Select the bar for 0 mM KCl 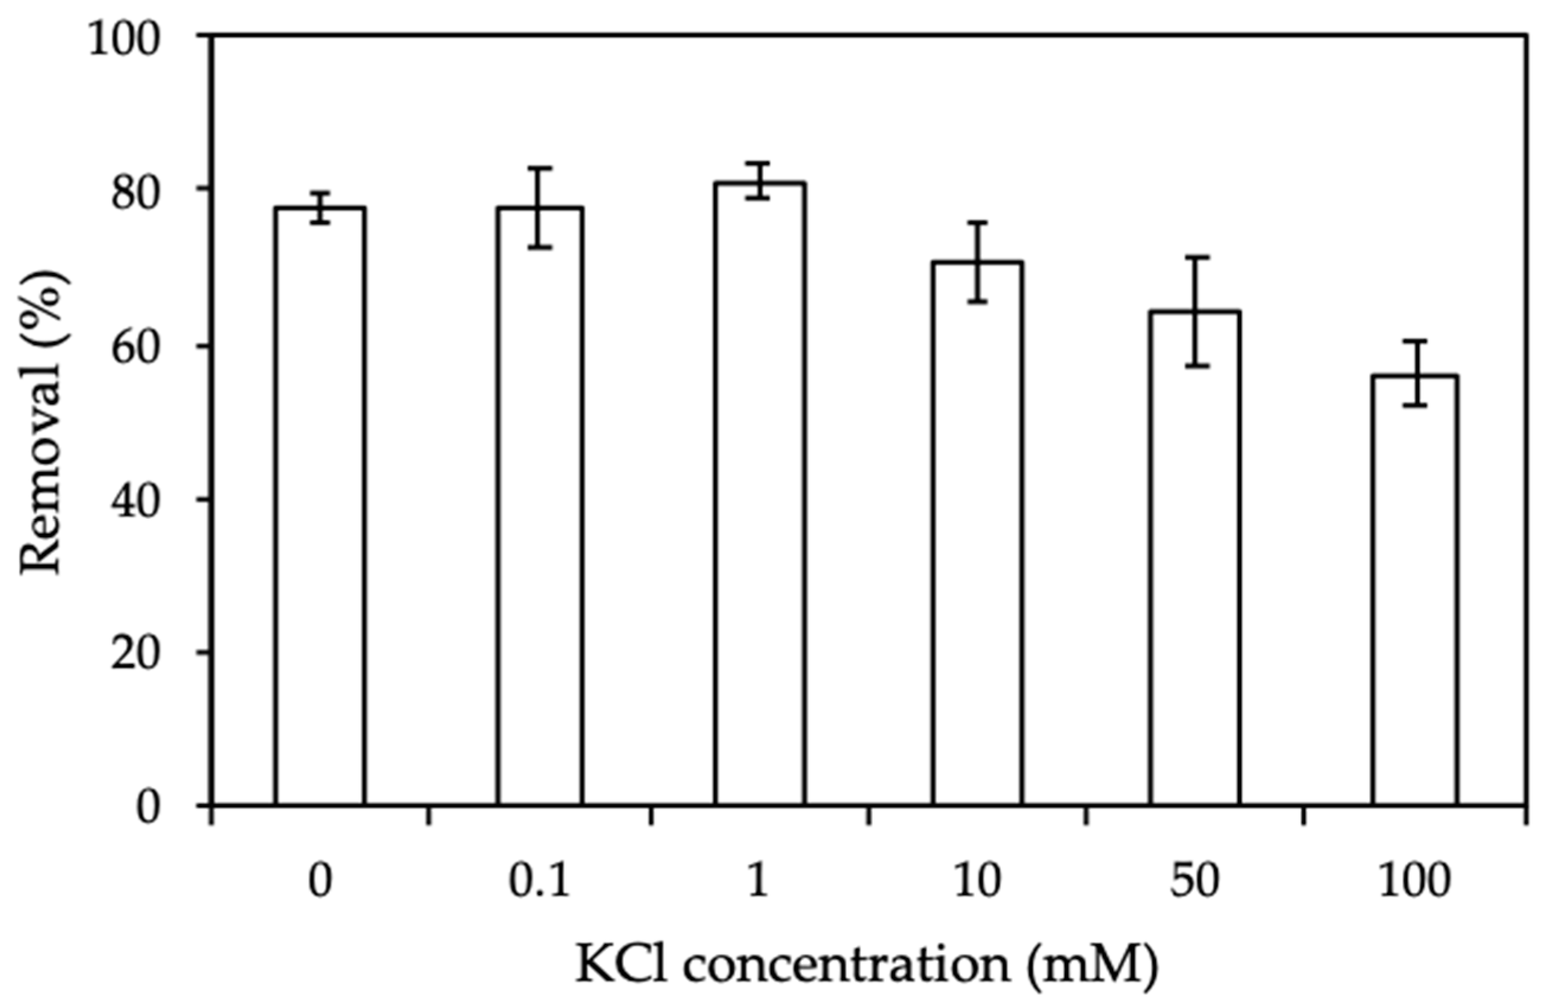(x=319, y=506)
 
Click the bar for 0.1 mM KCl (x=539, y=506)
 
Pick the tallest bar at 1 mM (x=760, y=493)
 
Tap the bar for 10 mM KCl (x=978, y=531)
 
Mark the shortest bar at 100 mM (x=1414, y=590)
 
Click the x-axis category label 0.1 (x=539, y=882)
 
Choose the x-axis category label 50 (x=1195, y=882)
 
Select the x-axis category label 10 (x=977, y=882)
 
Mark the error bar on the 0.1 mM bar (x=539, y=207)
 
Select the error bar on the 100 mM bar (x=1414, y=373)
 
